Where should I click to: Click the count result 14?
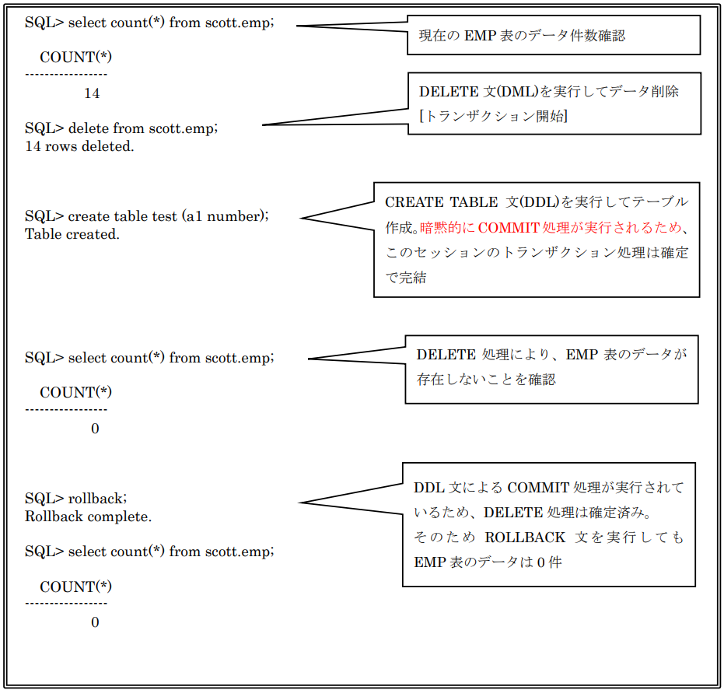[x=92, y=93]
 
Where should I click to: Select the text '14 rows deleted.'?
[x=79, y=146]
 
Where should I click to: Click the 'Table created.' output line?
[x=72, y=234]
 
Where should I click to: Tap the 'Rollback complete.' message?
[x=88, y=517]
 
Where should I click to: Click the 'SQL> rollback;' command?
[x=75, y=499]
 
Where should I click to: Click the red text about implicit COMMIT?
[x=551, y=228]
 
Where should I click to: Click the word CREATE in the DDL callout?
[x=414, y=202]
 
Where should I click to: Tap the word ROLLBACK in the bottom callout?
[x=524, y=537]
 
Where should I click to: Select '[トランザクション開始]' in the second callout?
[x=493, y=116]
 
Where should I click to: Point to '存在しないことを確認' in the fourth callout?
[x=486, y=380]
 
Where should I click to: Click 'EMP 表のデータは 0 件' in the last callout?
[x=488, y=562]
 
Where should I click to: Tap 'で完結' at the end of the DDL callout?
[x=406, y=278]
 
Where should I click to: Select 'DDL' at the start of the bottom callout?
[x=429, y=488]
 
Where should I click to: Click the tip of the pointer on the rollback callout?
[x=299, y=503]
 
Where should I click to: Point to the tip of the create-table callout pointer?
[x=301, y=218]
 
